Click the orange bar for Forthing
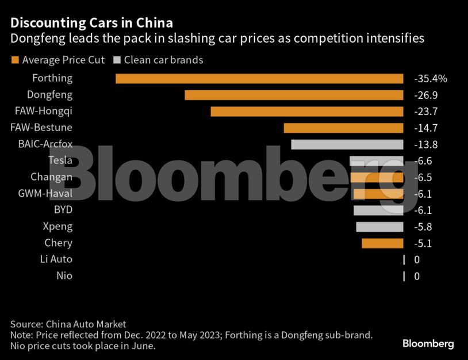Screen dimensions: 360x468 [x=259, y=78]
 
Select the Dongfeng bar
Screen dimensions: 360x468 [x=294, y=95]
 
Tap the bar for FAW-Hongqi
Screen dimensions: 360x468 [x=307, y=112]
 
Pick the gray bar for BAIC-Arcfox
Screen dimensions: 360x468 [x=347, y=144]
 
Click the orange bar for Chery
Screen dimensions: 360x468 [x=382, y=243]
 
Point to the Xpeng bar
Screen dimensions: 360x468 [x=379, y=227]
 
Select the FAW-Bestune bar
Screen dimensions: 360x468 [x=343, y=128]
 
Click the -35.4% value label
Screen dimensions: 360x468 [x=430, y=78]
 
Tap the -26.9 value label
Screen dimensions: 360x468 [x=426, y=95]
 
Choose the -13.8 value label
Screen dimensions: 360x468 [x=426, y=144]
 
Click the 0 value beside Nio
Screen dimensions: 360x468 [x=417, y=276]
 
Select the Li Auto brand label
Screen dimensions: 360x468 [x=56, y=259]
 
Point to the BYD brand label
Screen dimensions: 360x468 [x=63, y=210]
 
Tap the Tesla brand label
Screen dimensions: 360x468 [x=60, y=160]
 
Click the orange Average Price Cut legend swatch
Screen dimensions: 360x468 [x=15, y=60]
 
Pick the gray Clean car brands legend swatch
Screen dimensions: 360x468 [x=117, y=60]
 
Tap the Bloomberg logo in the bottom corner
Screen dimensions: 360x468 [x=428, y=344]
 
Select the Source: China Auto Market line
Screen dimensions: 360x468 [x=68, y=324]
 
